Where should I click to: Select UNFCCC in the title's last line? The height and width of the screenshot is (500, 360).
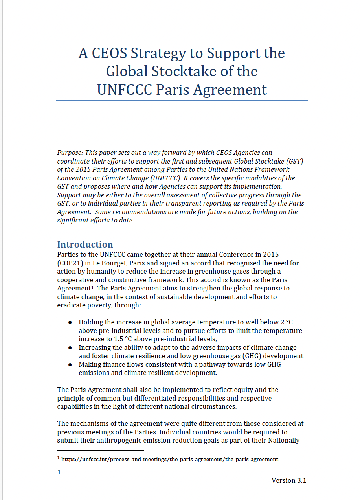[x=125, y=90]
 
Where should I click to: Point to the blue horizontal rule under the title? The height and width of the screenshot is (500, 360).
[x=182, y=101]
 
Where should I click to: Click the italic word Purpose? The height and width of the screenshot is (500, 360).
[x=70, y=153]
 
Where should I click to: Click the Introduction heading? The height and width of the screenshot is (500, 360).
[x=85, y=244]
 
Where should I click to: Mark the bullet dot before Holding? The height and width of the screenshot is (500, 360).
[x=70, y=322]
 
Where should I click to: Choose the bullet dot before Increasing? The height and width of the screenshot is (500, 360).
[x=70, y=348]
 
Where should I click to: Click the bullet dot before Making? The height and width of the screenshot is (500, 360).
[x=70, y=365]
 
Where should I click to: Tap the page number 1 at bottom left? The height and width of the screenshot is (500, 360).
[x=59, y=472]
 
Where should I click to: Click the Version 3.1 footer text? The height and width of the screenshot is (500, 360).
[x=288, y=480]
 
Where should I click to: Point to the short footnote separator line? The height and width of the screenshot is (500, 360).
[x=100, y=451]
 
